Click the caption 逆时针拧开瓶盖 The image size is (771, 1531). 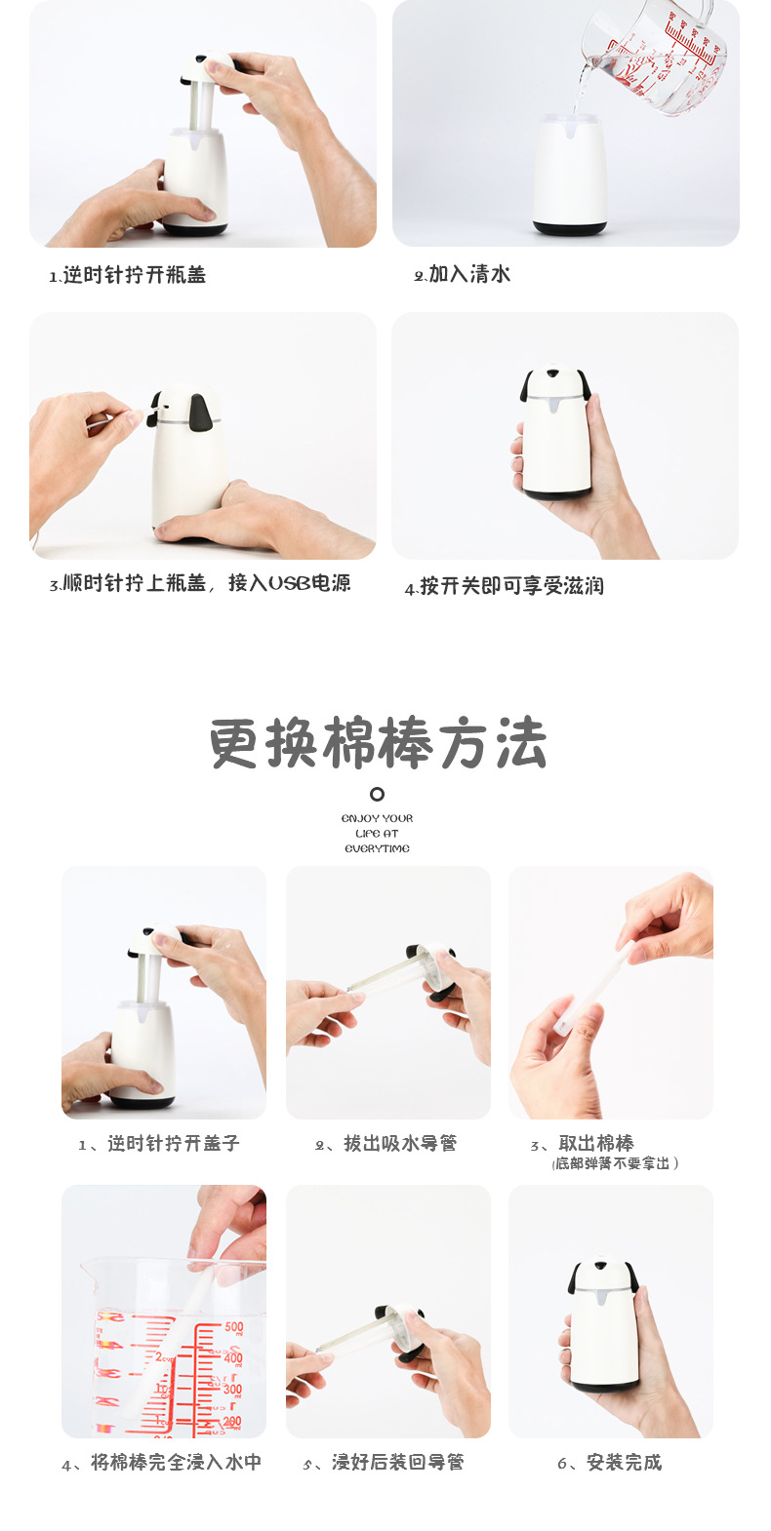[128, 275]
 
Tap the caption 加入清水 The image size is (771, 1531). [462, 274]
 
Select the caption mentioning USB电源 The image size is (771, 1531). [200, 583]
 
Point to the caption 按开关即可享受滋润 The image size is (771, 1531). [505, 586]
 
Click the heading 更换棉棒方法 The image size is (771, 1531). [378, 744]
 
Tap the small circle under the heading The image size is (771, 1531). [377, 794]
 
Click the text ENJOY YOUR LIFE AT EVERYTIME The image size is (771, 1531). [377, 834]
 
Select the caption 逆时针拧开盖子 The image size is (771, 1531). [159, 1144]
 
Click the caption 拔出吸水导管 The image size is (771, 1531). [386, 1144]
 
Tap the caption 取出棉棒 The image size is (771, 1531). [584, 1143]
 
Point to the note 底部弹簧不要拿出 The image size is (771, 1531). [615, 1163]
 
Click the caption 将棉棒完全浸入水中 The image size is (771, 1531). [162, 1463]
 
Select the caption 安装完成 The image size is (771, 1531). [610, 1463]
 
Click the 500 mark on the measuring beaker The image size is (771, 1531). [233, 1327]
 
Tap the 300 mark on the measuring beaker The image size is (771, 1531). [232, 1389]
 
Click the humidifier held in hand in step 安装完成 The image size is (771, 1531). [605, 1326]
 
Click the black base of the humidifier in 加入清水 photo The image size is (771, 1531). [569, 229]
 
